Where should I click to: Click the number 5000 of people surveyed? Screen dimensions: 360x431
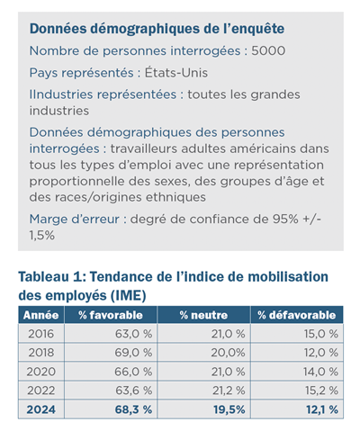pos(268,50)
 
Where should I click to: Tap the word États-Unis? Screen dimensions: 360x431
pos(176,73)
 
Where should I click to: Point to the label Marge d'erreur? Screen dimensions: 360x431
pos(75,219)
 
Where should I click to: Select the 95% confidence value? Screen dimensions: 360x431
pos(285,219)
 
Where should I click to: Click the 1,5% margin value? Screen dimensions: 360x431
pos(42,236)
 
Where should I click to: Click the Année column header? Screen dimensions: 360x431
pos(40,315)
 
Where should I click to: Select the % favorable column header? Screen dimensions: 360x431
pos(111,315)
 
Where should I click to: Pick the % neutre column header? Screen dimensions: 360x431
pos(203,315)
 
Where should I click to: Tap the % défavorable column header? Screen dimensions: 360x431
pos(296,315)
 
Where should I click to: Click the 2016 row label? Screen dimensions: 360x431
pos(41,334)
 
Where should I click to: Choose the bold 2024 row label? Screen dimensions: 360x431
pos(41,409)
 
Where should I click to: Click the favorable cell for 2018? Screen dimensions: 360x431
pos(133,353)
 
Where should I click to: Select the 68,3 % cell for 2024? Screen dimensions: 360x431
pos(133,409)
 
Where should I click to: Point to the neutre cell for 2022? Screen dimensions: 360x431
pos(229,391)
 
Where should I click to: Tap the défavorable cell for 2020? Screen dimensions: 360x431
pos(320,372)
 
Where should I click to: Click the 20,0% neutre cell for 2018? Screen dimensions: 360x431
pos(228,353)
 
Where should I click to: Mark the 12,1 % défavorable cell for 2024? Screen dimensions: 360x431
pos(322,409)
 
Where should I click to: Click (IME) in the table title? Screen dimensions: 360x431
pos(128,295)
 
